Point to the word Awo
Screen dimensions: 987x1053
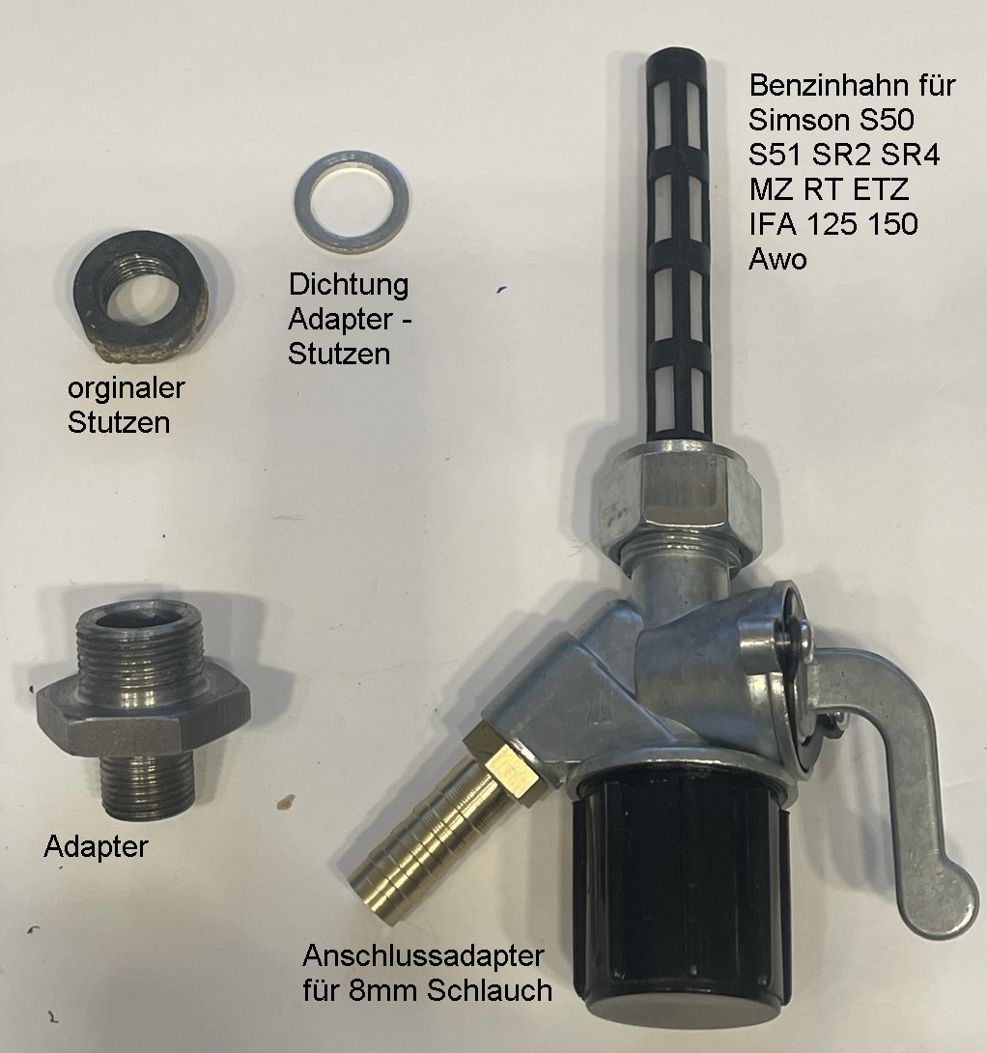coord(777,259)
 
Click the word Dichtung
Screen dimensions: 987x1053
coord(349,286)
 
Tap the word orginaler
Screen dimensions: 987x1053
coord(127,388)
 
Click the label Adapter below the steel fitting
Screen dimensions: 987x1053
coord(96,847)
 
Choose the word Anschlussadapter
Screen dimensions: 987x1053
coord(423,956)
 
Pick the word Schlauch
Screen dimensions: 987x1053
coord(490,991)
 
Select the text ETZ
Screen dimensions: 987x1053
coord(881,189)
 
